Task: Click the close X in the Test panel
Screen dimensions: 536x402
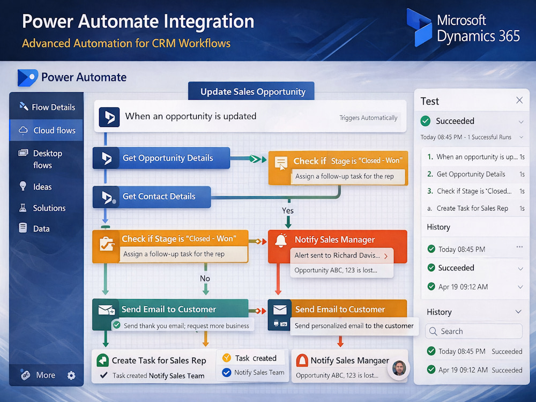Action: (x=519, y=100)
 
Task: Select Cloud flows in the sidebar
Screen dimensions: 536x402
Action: (x=46, y=130)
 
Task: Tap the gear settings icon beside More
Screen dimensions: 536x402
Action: (x=71, y=375)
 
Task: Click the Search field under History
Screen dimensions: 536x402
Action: (x=473, y=331)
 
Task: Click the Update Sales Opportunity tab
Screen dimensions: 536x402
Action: (x=251, y=91)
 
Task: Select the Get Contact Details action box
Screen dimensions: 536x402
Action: (x=152, y=197)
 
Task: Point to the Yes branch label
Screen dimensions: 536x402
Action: (x=287, y=211)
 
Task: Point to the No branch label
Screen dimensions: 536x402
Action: (x=205, y=279)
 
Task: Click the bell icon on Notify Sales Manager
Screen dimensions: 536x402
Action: (x=281, y=241)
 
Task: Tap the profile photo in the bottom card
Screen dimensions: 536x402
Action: (x=399, y=369)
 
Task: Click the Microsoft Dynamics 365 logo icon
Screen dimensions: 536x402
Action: (x=419, y=27)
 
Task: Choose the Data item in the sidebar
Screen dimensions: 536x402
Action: (x=34, y=228)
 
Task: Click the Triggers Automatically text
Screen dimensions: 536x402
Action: (x=368, y=118)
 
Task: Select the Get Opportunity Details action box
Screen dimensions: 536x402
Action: (x=161, y=158)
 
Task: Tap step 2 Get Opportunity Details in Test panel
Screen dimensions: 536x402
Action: (x=471, y=174)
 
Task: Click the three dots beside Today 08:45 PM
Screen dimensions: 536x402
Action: (x=519, y=247)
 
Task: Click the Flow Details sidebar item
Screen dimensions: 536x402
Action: (x=47, y=107)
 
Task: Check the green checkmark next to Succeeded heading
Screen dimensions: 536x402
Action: (x=426, y=121)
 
